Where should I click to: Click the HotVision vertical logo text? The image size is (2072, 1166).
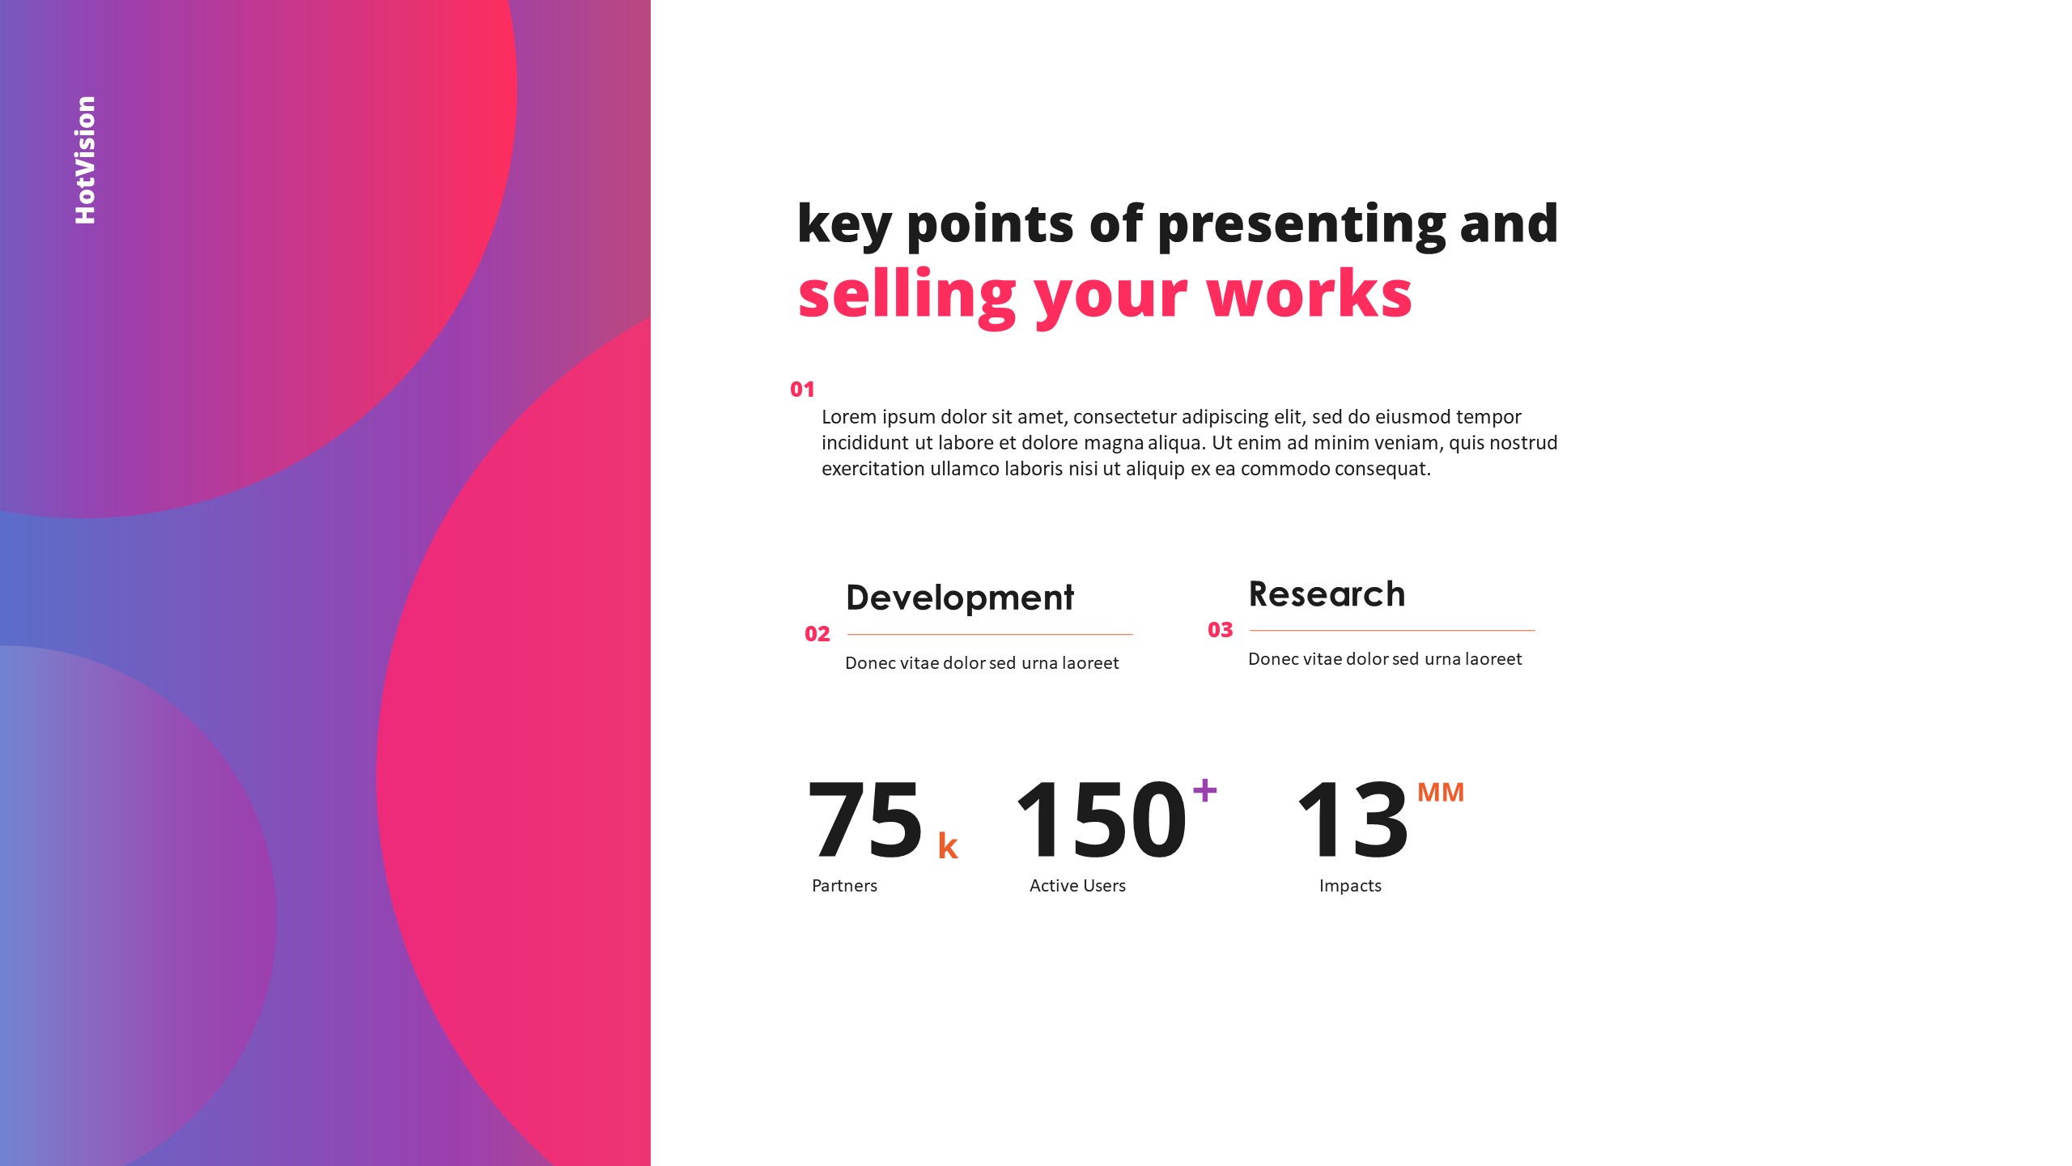[85, 160]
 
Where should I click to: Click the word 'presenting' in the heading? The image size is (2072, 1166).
[1301, 224]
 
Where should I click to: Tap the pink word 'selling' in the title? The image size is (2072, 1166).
[906, 296]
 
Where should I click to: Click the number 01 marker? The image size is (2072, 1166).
[801, 389]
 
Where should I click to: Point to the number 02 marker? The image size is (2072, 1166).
[817, 634]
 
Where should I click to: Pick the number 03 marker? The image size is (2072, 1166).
[1220, 630]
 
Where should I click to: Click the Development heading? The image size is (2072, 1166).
[959, 598]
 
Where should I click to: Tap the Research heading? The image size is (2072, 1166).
[1327, 594]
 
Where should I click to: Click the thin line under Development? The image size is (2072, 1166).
[989, 634]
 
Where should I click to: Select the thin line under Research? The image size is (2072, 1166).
[1391, 630]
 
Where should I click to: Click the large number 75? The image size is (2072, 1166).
[864, 820]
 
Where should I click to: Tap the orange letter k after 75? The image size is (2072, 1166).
[948, 846]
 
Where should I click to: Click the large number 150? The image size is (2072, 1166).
[1101, 820]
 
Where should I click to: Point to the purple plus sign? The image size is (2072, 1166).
[1204, 789]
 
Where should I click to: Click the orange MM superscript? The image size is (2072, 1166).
[1440, 792]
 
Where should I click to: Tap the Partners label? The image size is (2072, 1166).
[844, 886]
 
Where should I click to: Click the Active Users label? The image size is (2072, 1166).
[1077, 886]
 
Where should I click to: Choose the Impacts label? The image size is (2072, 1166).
[1350, 886]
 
